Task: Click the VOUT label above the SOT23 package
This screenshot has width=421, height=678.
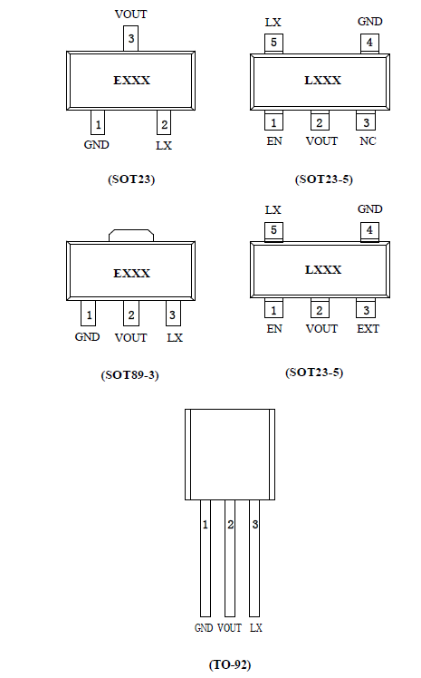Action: pos(131,15)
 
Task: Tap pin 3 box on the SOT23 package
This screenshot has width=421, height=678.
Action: pos(131,38)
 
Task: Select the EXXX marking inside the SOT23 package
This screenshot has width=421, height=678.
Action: pos(131,81)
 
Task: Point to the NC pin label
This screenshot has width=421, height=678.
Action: pos(368,141)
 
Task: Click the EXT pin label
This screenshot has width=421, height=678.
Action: pos(368,329)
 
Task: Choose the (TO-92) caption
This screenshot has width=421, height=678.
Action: pos(230,664)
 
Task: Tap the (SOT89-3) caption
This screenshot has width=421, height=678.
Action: pos(130,375)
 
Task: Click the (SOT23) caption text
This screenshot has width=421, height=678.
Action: pos(131,179)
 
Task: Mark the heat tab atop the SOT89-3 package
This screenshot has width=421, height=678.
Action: pos(131,236)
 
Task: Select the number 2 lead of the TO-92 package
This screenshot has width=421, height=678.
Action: pos(230,558)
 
